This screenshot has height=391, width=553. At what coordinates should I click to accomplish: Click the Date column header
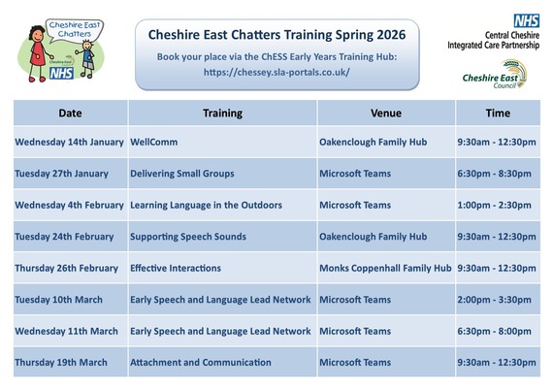coord(69,113)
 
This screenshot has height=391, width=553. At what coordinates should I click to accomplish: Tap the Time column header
coord(497,113)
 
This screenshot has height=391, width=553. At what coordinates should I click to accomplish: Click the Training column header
coord(222,113)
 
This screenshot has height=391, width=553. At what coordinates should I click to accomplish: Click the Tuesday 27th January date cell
coord(61,174)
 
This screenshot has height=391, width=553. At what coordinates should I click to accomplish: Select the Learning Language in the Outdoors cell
coord(206,205)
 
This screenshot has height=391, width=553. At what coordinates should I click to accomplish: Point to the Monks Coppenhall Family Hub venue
coord(385,268)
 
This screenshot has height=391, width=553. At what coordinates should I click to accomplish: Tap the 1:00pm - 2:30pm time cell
coord(494,205)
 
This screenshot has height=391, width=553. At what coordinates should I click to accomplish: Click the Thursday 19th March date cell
coord(60,362)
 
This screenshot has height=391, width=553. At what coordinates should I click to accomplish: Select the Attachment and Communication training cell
coord(200,362)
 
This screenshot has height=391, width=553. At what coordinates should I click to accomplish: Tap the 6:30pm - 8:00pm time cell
coord(494,331)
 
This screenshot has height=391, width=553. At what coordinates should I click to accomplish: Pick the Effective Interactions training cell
coord(175,268)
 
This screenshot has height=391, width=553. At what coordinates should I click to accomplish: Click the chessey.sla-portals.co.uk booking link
coord(276,72)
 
